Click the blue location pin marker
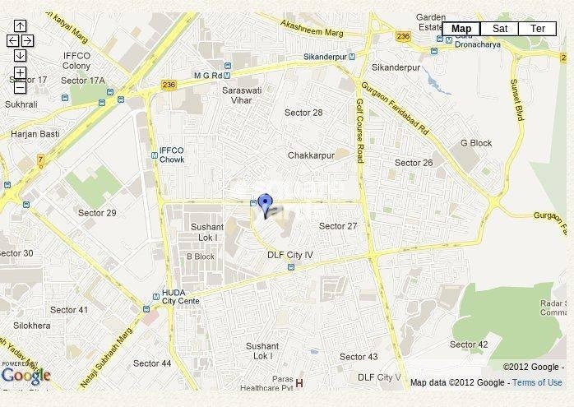(265, 204)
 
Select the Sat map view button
(499, 29)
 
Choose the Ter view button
(538, 29)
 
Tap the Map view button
(461, 29)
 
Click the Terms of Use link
(538, 382)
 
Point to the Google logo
(25, 376)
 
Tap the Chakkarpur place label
(309, 155)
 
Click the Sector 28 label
(303, 113)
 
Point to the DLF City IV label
(290, 255)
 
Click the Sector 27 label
(338, 226)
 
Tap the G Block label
(476, 143)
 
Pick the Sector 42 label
(469, 345)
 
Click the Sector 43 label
(359, 356)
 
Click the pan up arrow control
(21, 25)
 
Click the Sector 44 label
(152, 363)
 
